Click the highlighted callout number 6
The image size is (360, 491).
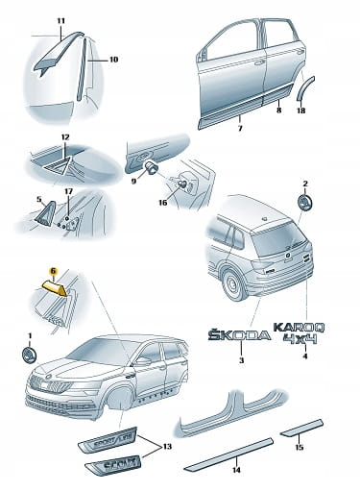(x=53, y=271)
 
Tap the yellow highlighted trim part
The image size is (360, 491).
(x=56, y=288)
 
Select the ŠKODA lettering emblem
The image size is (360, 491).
(x=239, y=334)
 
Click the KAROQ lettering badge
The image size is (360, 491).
(x=300, y=328)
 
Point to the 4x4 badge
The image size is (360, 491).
(x=300, y=338)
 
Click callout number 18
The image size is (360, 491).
(x=301, y=110)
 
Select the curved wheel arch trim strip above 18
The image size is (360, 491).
(x=305, y=88)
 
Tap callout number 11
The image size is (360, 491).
(x=61, y=21)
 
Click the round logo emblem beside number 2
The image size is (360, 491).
(x=304, y=203)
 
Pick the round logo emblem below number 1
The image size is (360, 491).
(x=29, y=356)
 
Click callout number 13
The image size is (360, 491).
(x=167, y=446)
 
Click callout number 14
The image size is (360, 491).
(x=236, y=470)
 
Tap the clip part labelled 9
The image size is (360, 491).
(x=151, y=167)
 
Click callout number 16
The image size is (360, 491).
(x=163, y=203)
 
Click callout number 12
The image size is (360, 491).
(x=65, y=137)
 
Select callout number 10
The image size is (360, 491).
(x=113, y=60)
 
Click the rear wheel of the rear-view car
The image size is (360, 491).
(x=232, y=284)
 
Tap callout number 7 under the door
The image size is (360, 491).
(x=240, y=128)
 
